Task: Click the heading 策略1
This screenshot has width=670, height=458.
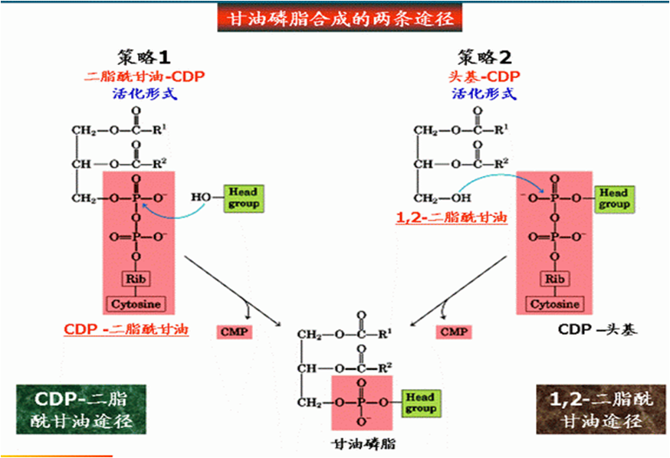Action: pyautogui.click(x=144, y=58)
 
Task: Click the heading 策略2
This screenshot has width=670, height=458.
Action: pyautogui.click(x=484, y=58)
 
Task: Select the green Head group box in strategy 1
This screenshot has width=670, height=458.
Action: pyautogui.click(x=244, y=198)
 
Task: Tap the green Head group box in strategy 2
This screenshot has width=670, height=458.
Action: pyautogui.click(x=614, y=198)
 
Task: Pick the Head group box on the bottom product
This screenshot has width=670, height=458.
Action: pyautogui.click(x=420, y=403)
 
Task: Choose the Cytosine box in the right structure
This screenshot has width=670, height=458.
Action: pyautogui.click(x=554, y=304)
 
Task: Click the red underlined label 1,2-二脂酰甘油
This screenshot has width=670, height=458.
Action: pyautogui.click(x=452, y=218)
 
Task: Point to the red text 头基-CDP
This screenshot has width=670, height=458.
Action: pyautogui.click(x=483, y=77)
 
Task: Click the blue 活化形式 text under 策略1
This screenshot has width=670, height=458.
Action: pyautogui.click(x=144, y=94)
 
